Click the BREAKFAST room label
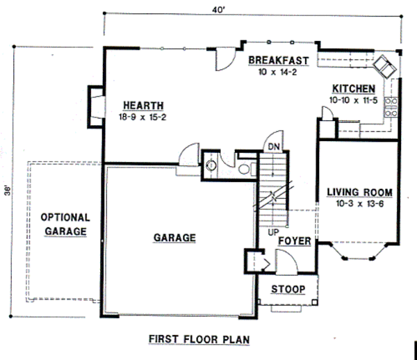(278, 60)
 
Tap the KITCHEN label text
(354, 89)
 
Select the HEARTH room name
(138, 105)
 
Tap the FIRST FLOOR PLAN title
(199, 339)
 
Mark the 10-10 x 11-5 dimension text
(354, 100)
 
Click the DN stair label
(274, 147)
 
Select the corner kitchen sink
(384, 67)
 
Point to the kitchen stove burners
(391, 106)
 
